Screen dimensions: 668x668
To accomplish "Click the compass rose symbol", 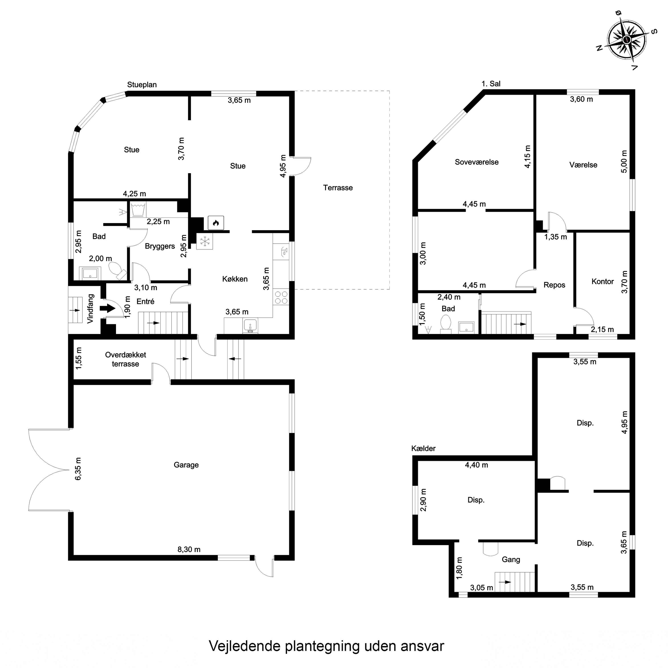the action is (627, 41).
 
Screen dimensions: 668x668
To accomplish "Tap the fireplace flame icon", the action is (216, 223).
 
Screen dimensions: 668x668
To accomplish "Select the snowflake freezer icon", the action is (205, 241).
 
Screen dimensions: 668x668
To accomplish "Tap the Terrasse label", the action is (338, 188).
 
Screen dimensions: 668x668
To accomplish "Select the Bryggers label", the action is (160, 246).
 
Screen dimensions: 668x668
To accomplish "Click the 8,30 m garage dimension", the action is (189, 549).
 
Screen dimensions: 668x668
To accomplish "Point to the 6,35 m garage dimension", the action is (78, 469).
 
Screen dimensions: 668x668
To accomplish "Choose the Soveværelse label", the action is (477, 162).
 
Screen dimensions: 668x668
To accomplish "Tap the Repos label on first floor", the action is (554, 285).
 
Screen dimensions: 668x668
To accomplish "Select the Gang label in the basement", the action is (511, 559).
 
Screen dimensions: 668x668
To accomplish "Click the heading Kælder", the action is (423, 448).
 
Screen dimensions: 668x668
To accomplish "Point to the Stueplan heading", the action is (142, 85).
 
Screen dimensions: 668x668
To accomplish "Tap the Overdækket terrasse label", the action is (126, 359).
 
